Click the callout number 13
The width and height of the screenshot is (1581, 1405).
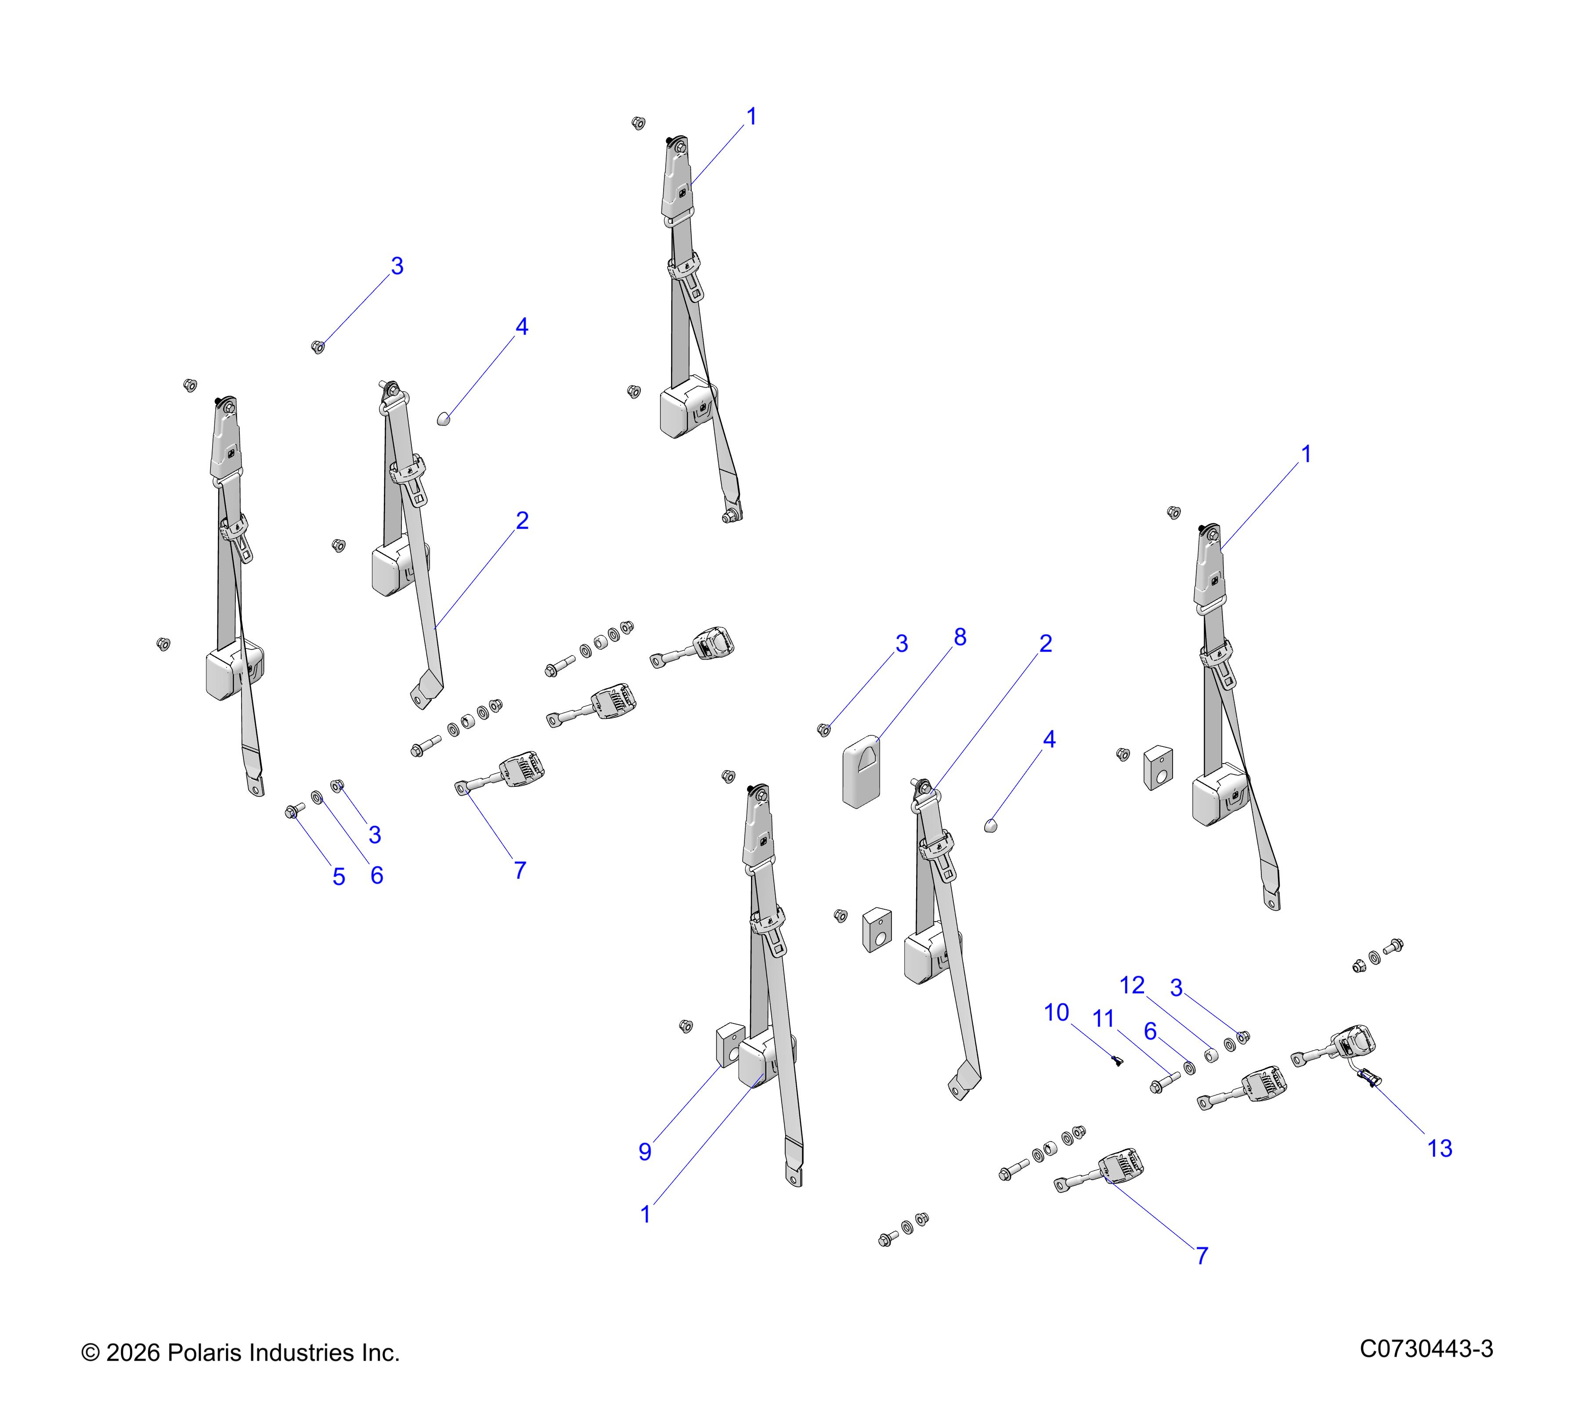tap(1440, 1148)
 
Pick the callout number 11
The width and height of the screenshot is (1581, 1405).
tap(1103, 1019)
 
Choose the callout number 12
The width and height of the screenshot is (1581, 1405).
tap(1132, 985)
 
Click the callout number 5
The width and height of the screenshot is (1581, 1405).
tap(339, 877)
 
